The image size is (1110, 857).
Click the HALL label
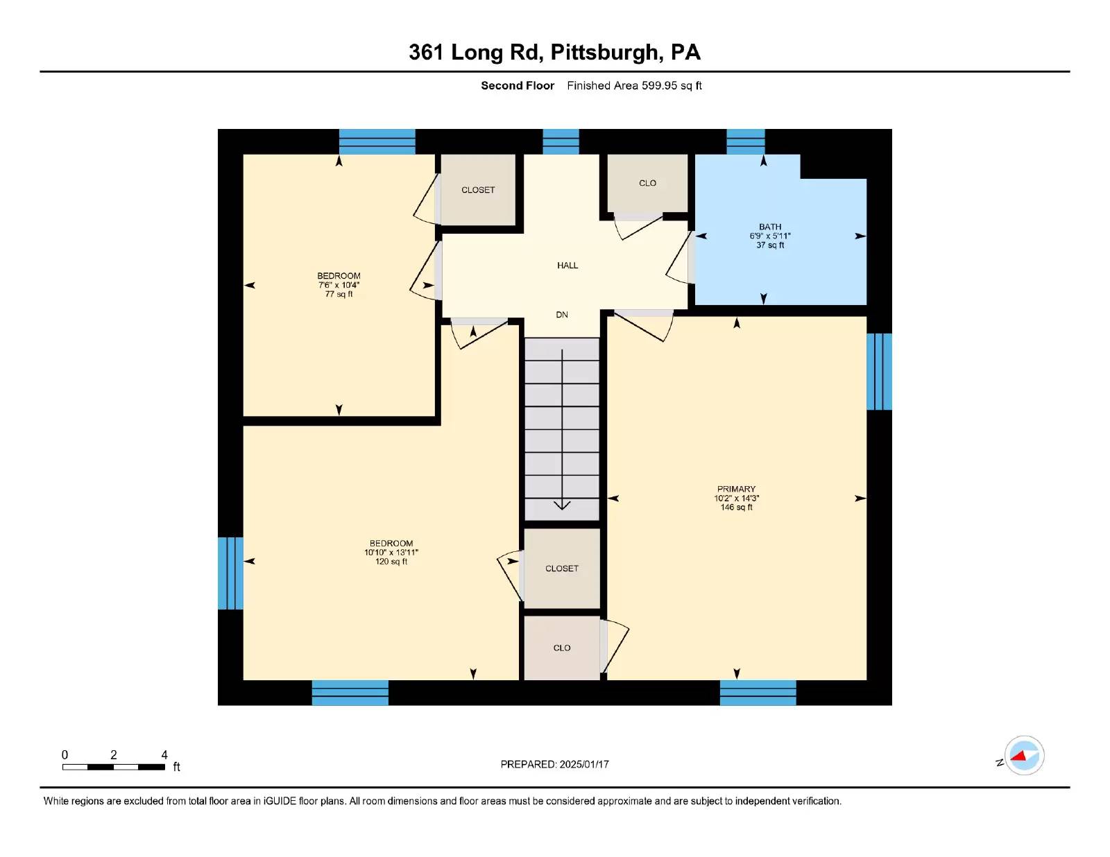pyautogui.click(x=567, y=266)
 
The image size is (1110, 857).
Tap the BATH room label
pyautogui.click(x=769, y=227)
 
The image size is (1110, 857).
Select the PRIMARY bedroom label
pyautogui.click(x=736, y=489)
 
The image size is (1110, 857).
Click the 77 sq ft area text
pyautogui.click(x=339, y=294)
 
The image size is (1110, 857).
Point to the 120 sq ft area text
pyautogui.click(x=391, y=562)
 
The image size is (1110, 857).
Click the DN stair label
pyautogui.click(x=562, y=315)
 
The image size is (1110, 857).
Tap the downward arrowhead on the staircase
pyautogui.click(x=562, y=505)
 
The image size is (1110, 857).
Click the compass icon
pyautogui.click(x=1024, y=756)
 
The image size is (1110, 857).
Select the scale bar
pyautogui.click(x=114, y=767)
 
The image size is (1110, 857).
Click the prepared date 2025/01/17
pyautogui.click(x=583, y=764)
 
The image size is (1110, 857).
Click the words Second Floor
pyautogui.click(x=518, y=86)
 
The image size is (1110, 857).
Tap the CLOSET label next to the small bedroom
pyautogui.click(x=478, y=190)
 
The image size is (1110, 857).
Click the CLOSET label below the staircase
pyautogui.click(x=561, y=569)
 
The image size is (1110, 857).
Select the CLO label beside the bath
pyautogui.click(x=647, y=183)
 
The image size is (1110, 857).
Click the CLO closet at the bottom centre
pyautogui.click(x=562, y=648)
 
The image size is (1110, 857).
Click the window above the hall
pyautogui.click(x=561, y=141)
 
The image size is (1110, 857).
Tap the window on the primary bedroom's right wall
pyautogui.click(x=879, y=372)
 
